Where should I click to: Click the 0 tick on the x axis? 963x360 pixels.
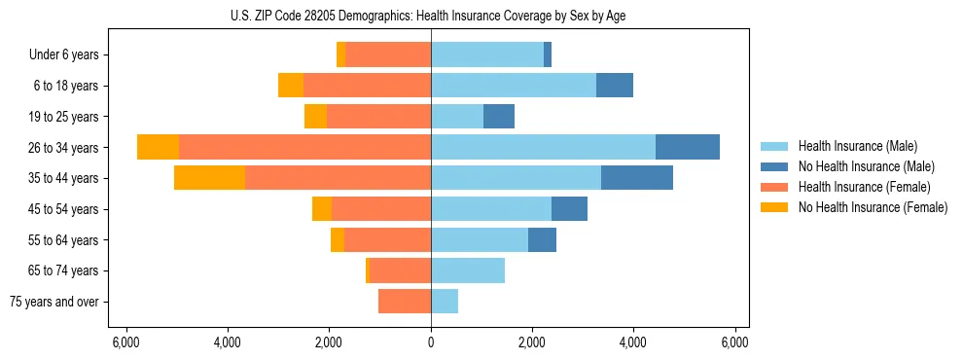pos(431,342)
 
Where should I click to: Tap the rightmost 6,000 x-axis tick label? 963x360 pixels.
pos(735,342)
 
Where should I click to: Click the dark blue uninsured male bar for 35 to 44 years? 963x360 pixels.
pos(637,178)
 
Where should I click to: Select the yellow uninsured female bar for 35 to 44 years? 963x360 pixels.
pos(209,178)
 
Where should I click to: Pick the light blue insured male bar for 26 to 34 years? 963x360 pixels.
pos(543,147)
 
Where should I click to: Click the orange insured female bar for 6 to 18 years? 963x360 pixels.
pos(367,86)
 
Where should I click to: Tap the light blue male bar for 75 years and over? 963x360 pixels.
pos(445,302)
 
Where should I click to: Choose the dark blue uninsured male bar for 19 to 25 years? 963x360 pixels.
pos(499,117)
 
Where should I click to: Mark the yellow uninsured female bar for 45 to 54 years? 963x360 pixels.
pos(322,209)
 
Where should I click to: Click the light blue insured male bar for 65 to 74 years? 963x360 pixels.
pos(468,270)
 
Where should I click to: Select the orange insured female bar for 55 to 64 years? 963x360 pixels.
pos(387,239)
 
